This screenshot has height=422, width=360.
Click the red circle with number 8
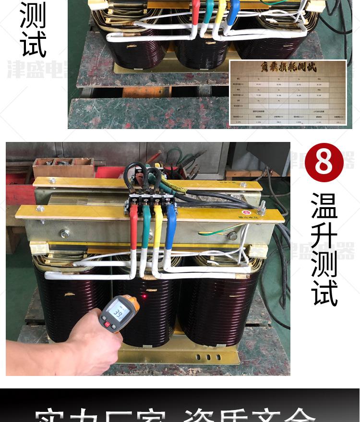point(324,163)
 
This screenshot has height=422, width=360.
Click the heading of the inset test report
point(288,68)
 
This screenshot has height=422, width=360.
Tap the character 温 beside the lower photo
point(324,206)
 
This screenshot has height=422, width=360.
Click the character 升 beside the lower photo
point(324,235)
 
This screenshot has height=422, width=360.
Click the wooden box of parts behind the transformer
point(63,167)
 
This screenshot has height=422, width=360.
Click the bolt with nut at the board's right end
point(263,208)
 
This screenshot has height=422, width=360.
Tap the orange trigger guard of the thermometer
point(134,305)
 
